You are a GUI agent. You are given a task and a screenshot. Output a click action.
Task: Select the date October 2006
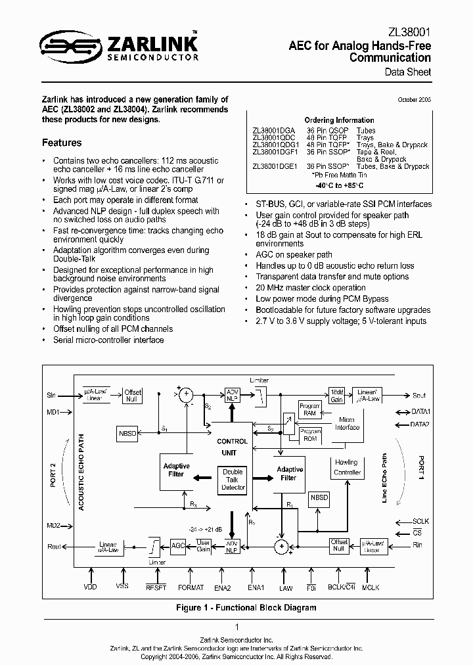pyautogui.click(x=415, y=99)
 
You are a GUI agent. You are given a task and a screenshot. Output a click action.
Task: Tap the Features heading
pyautogui.click(x=62, y=143)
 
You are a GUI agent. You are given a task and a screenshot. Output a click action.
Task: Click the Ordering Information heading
pyautogui.click(x=339, y=120)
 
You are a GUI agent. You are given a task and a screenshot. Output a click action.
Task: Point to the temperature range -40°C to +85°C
pyautogui.click(x=339, y=186)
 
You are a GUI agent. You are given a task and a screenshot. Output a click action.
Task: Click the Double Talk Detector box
pyautogui.click(x=233, y=480)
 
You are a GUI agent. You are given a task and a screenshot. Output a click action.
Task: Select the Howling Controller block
pyautogui.click(x=347, y=467)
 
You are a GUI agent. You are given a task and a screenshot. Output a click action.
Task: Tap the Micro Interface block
pyautogui.click(x=347, y=423)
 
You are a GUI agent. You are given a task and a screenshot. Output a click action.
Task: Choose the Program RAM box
pyautogui.click(x=309, y=409)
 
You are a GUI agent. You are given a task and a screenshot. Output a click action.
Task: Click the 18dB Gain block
pyautogui.click(x=337, y=396)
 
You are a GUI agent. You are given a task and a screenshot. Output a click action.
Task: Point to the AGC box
pyautogui.click(x=178, y=545)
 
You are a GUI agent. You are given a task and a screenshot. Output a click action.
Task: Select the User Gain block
pyautogui.click(x=203, y=545)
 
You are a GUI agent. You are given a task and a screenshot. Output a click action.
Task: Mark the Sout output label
pyautogui.click(x=418, y=396)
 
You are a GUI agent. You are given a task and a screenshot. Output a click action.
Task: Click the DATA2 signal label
pyautogui.click(x=420, y=424)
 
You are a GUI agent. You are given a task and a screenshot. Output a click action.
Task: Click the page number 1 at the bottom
pyautogui.click(x=236, y=627)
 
